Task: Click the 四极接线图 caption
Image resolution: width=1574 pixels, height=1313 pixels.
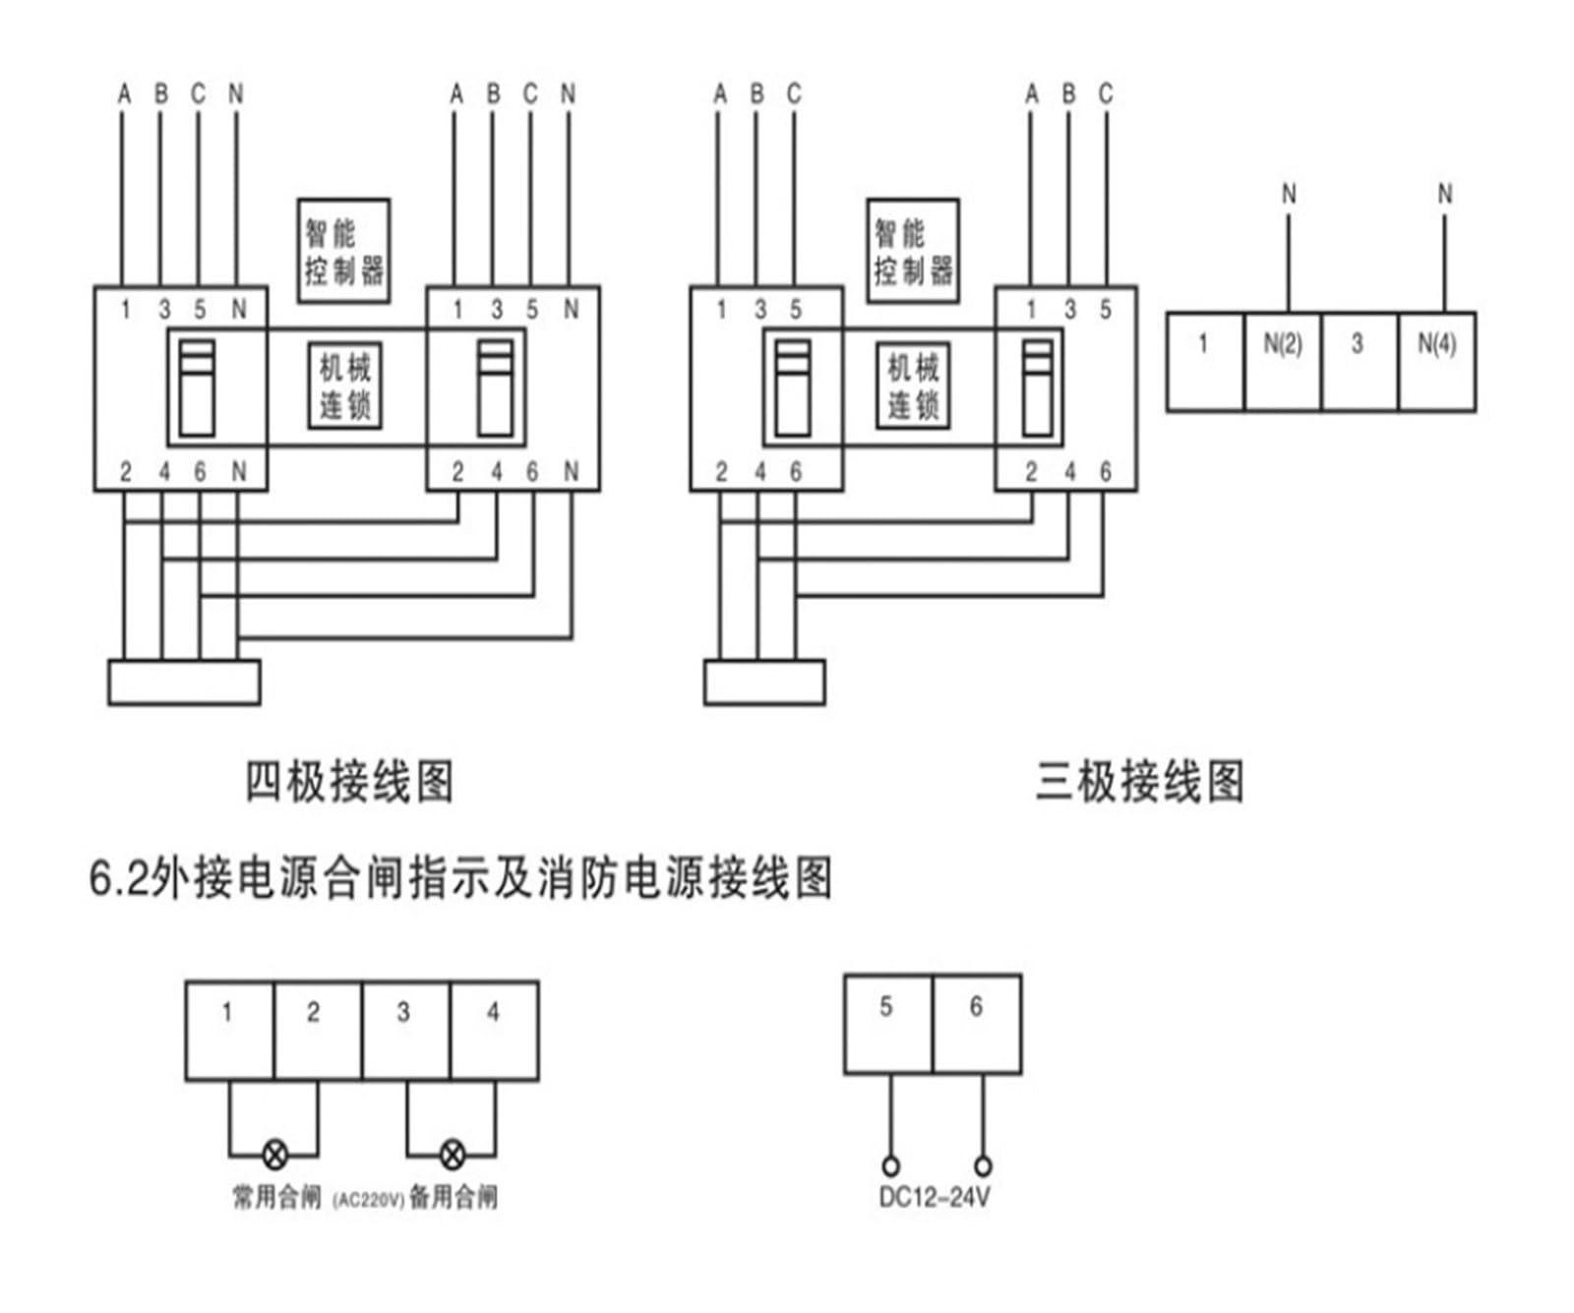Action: click(349, 783)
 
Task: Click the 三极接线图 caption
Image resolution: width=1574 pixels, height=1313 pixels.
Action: click(1140, 783)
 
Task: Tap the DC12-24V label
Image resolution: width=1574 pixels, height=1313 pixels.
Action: click(935, 1198)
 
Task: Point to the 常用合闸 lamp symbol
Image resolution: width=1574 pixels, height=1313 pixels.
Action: click(275, 1154)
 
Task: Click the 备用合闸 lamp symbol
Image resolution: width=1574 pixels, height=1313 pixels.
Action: click(452, 1154)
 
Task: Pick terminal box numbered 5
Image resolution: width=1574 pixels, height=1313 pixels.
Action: click(888, 1024)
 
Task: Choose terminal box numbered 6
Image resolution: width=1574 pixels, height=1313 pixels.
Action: click(977, 1024)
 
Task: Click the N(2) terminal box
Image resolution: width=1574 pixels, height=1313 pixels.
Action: click(1283, 362)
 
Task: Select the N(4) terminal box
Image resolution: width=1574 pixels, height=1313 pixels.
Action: click(1437, 362)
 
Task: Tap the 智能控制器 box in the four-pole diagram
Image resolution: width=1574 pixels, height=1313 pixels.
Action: click(343, 251)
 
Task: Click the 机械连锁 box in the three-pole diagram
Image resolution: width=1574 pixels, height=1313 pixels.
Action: click(913, 386)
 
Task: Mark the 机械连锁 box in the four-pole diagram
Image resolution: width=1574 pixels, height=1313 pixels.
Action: click(344, 386)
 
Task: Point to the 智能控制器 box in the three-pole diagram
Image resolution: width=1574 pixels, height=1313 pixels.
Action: click(913, 251)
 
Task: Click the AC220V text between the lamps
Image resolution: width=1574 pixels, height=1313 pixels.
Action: click(369, 1200)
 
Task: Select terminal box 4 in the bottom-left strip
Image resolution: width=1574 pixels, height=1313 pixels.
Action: click(495, 1031)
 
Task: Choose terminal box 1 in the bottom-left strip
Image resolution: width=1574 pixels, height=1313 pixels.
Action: click(229, 1031)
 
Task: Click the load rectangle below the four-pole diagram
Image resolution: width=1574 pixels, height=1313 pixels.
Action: click(184, 683)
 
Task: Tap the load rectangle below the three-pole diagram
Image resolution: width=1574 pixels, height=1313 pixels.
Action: click(764, 683)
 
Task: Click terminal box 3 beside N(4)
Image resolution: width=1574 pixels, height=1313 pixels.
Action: click(1360, 362)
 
